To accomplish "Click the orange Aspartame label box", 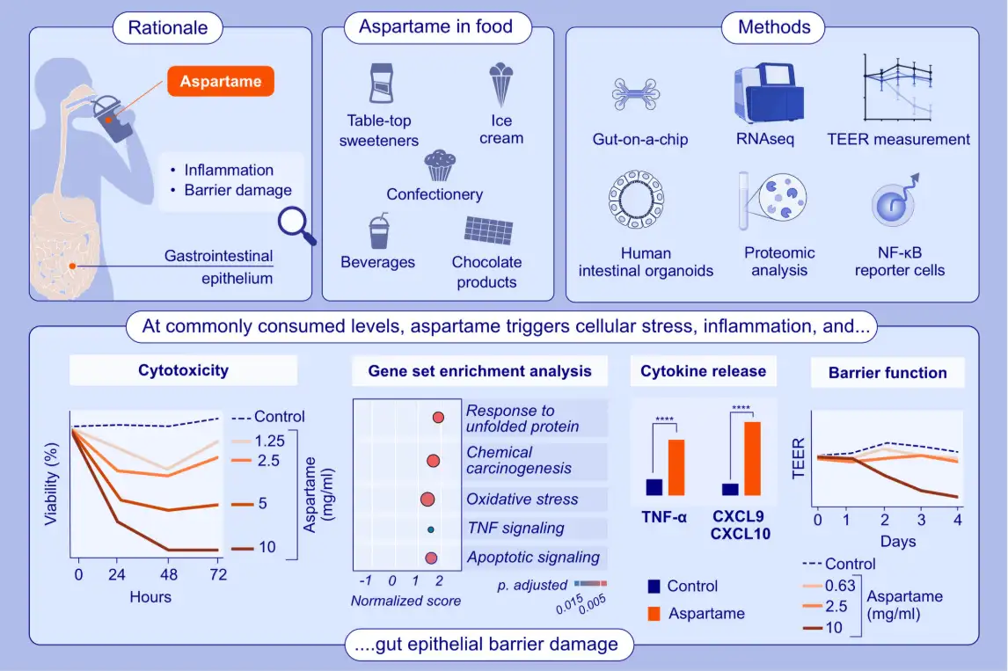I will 221,82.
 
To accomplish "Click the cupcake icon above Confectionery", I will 439,164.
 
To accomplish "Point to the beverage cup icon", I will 378,231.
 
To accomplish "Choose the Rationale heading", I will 169,27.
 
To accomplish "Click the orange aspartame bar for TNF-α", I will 676,468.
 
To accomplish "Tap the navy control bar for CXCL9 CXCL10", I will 730,490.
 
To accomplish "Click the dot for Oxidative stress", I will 427,500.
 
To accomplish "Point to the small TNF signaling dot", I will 430,529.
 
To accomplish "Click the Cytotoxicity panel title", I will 183,370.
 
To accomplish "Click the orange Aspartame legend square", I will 653,613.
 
